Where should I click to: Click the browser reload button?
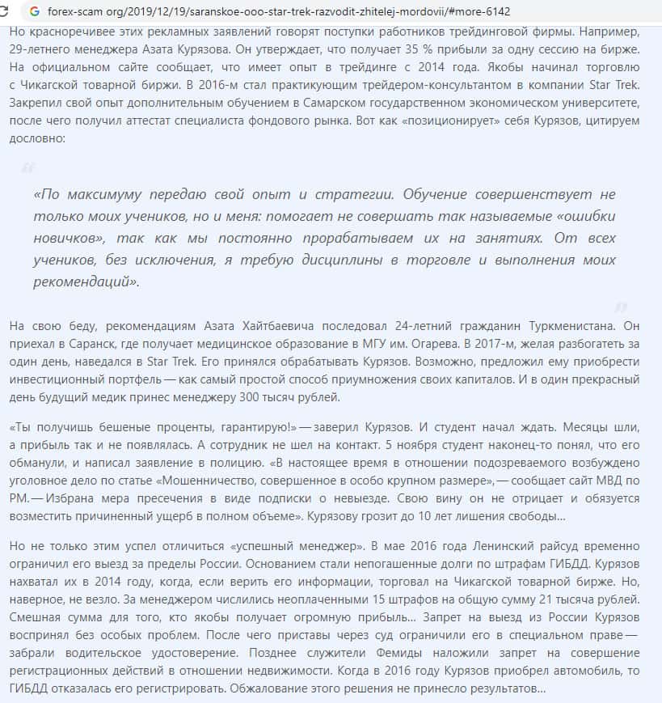pyautogui.click(x=7, y=12)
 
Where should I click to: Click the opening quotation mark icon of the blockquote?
pyautogui.click(x=28, y=168)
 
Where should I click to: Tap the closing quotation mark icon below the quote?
pyautogui.click(x=620, y=307)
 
